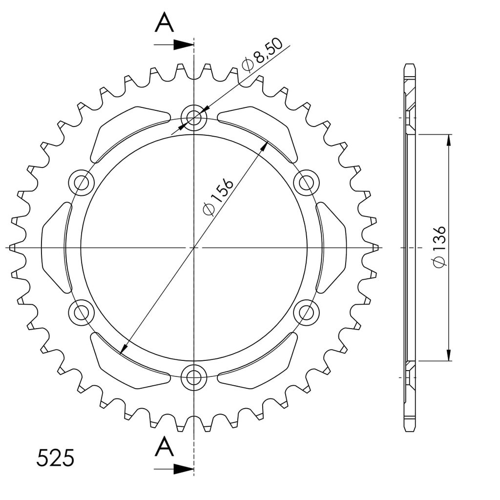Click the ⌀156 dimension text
pos(218,197)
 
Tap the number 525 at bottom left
pos(55,458)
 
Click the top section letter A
pos(164,22)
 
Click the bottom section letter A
pos(164,446)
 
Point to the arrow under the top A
pos(174,45)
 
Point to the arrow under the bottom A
pos(174,469)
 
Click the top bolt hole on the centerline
pos(194,118)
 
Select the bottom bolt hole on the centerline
pos(194,377)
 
